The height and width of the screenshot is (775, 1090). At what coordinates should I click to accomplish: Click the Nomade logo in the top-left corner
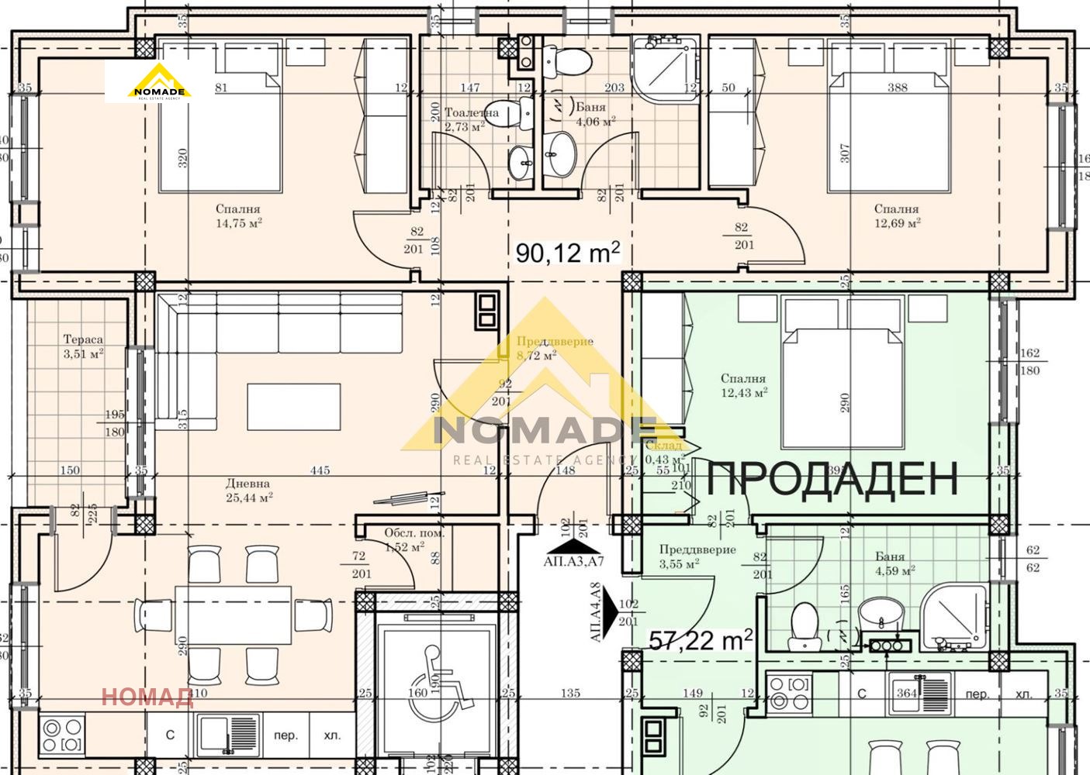coord(159,82)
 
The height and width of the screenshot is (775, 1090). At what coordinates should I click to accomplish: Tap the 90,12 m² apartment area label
coord(568,251)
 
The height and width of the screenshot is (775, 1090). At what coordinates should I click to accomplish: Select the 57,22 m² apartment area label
coord(701,639)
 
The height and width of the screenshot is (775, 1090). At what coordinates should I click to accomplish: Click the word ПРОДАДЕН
coord(832,478)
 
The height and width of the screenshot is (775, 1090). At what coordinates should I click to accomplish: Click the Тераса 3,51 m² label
coord(83,346)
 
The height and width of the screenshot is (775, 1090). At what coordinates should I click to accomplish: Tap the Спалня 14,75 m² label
coord(238,215)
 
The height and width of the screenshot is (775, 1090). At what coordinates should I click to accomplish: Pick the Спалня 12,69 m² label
coord(896,215)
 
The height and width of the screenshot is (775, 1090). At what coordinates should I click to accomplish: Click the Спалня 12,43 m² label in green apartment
coord(743,385)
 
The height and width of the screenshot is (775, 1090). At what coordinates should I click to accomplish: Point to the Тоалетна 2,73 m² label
coord(470,119)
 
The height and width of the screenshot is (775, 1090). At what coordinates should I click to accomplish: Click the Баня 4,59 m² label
coord(890,563)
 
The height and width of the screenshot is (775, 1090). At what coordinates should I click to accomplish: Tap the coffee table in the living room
coord(294,406)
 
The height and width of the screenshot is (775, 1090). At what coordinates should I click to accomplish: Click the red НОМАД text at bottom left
coord(147,697)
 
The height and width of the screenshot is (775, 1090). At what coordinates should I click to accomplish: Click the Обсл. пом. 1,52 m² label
coord(414,539)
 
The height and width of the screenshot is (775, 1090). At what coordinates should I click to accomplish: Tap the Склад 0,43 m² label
coord(663,452)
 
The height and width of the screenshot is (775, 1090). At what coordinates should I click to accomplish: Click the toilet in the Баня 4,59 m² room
coord(803,625)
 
